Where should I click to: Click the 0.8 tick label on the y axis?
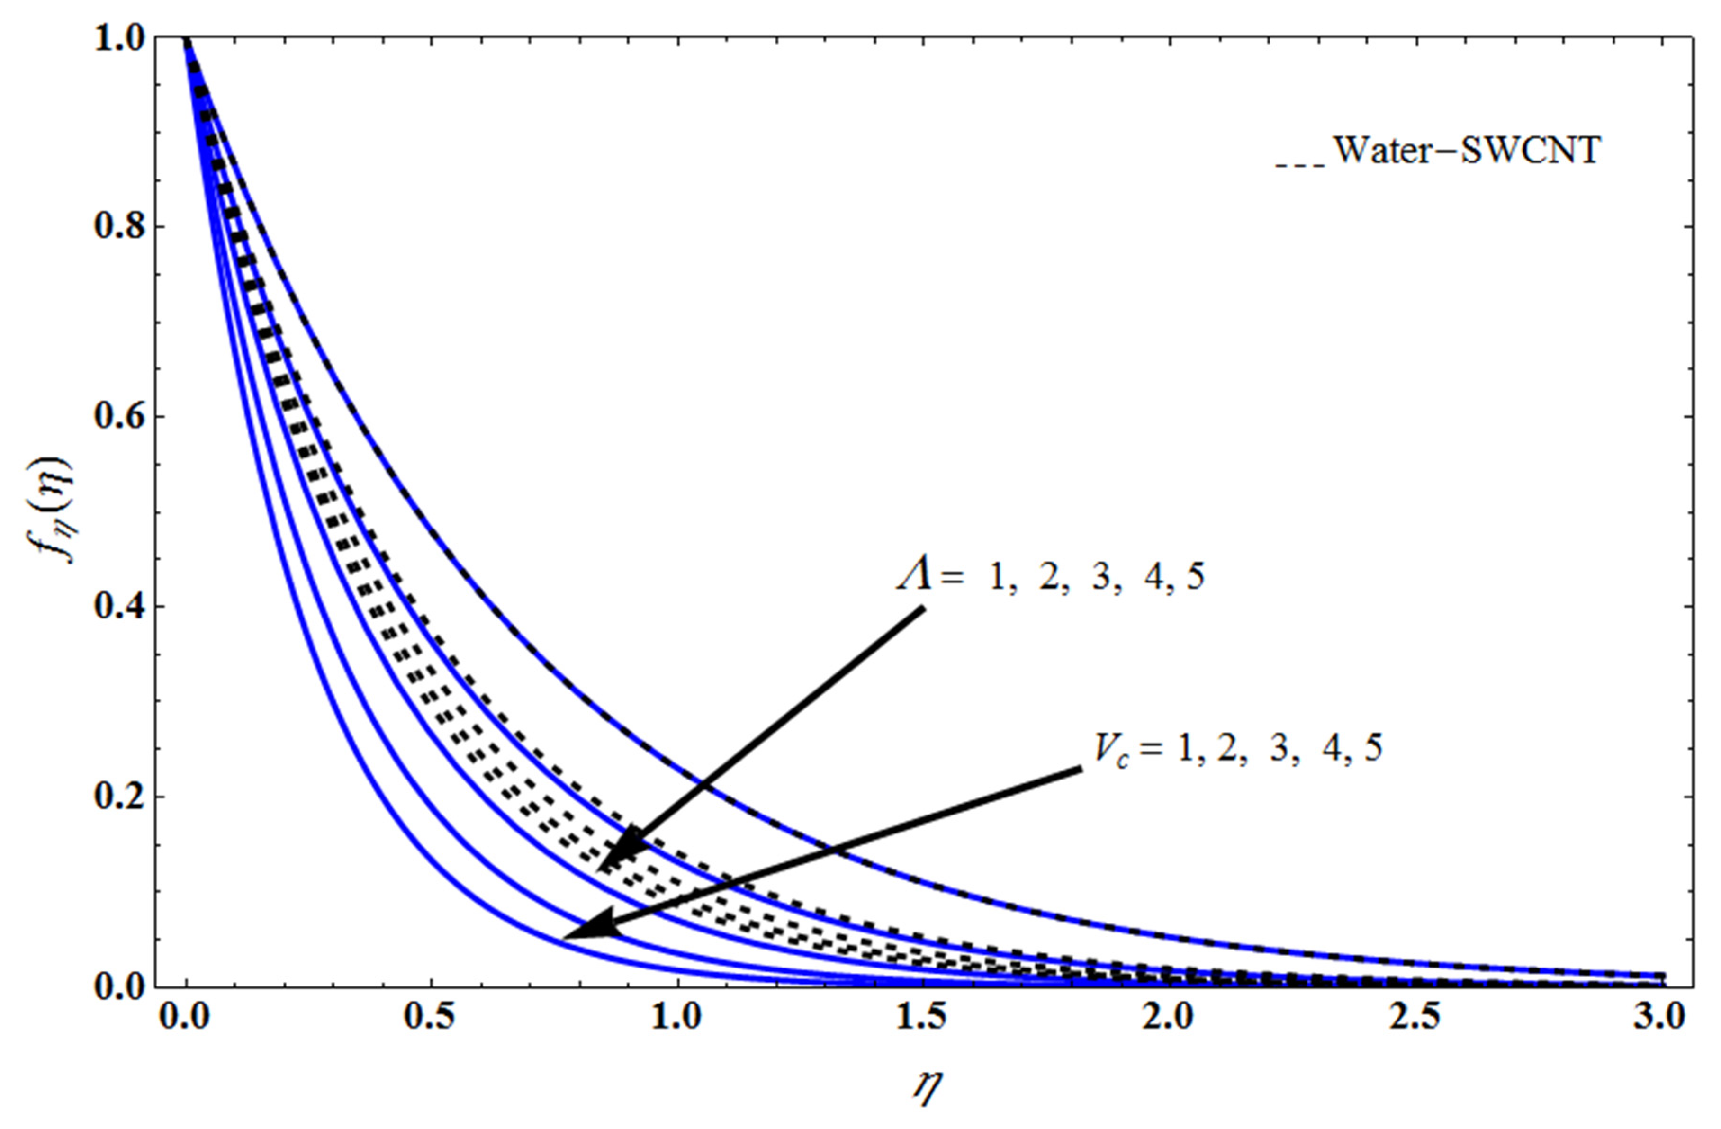pyautogui.click(x=120, y=227)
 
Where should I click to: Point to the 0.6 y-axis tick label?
pyautogui.click(x=120, y=417)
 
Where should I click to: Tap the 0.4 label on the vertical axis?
pyautogui.click(x=120, y=607)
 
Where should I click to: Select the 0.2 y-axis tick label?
pyautogui.click(x=120, y=797)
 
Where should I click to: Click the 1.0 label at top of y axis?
pyautogui.click(x=120, y=37)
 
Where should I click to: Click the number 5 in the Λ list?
pyautogui.click(x=1195, y=578)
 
